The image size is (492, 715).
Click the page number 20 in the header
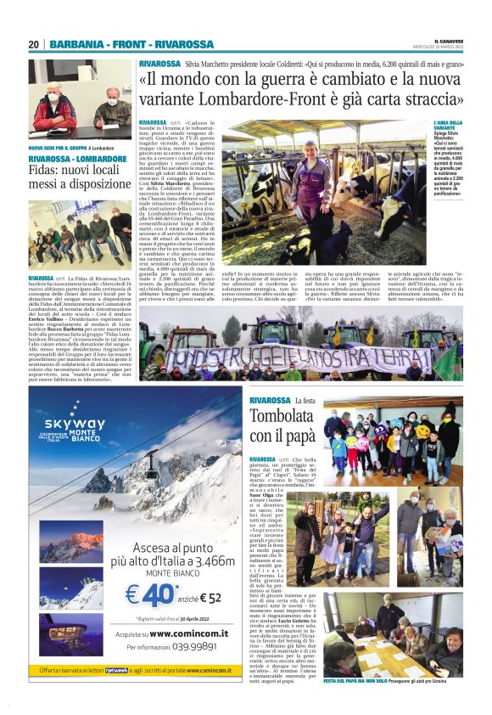tap(34, 44)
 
